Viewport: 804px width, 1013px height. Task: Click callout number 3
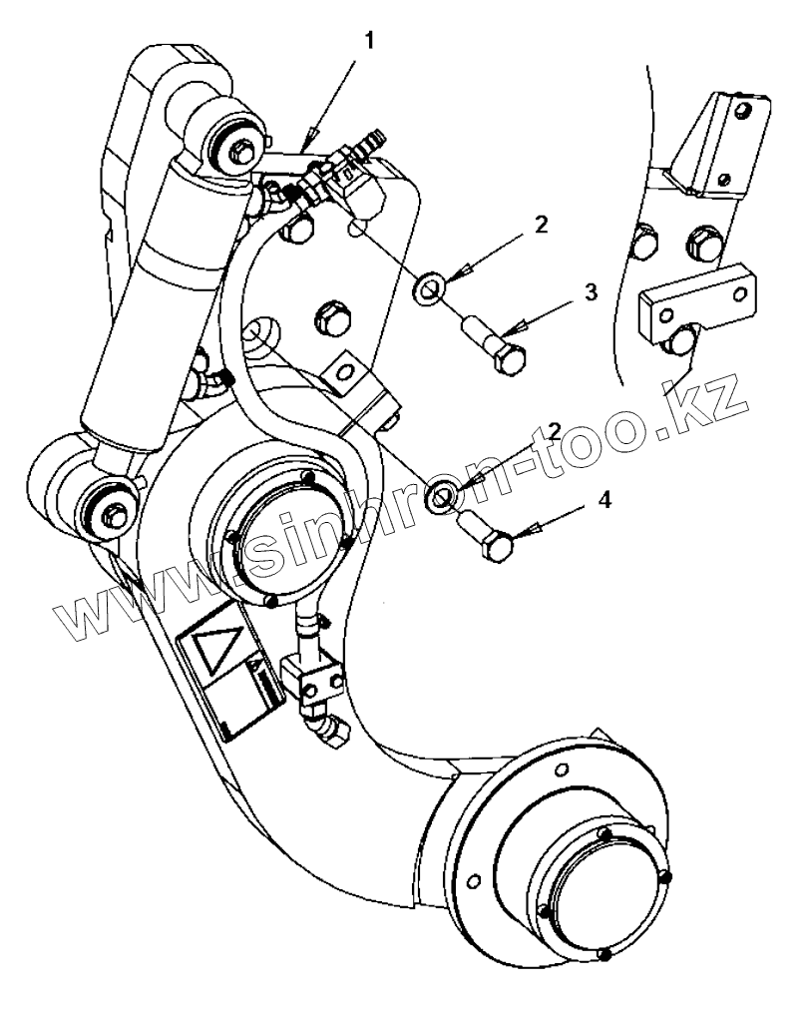[x=591, y=291]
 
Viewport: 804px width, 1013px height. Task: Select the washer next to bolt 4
[x=441, y=495]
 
